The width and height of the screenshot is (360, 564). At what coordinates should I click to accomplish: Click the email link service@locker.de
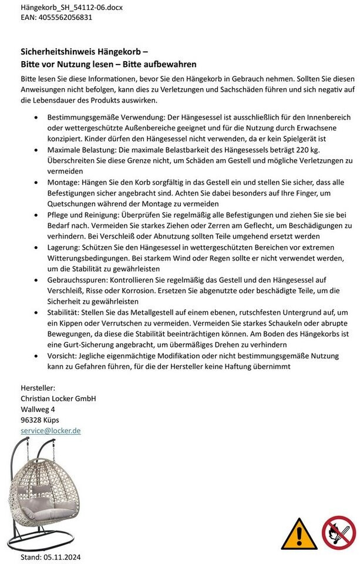tap(51, 431)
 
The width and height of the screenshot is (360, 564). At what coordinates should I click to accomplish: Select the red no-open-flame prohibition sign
tap(339, 532)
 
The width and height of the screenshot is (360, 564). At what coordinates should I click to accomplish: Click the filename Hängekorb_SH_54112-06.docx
tap(63, 8)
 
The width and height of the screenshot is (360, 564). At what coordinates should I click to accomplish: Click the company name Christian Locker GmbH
tap(58, 398)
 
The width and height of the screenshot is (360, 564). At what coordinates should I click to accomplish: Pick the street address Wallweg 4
tap(38, 409)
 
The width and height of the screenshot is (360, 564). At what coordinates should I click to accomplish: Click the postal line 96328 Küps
tap(40, 419)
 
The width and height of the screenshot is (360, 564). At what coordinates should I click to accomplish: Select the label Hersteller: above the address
tap(38, 388)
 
